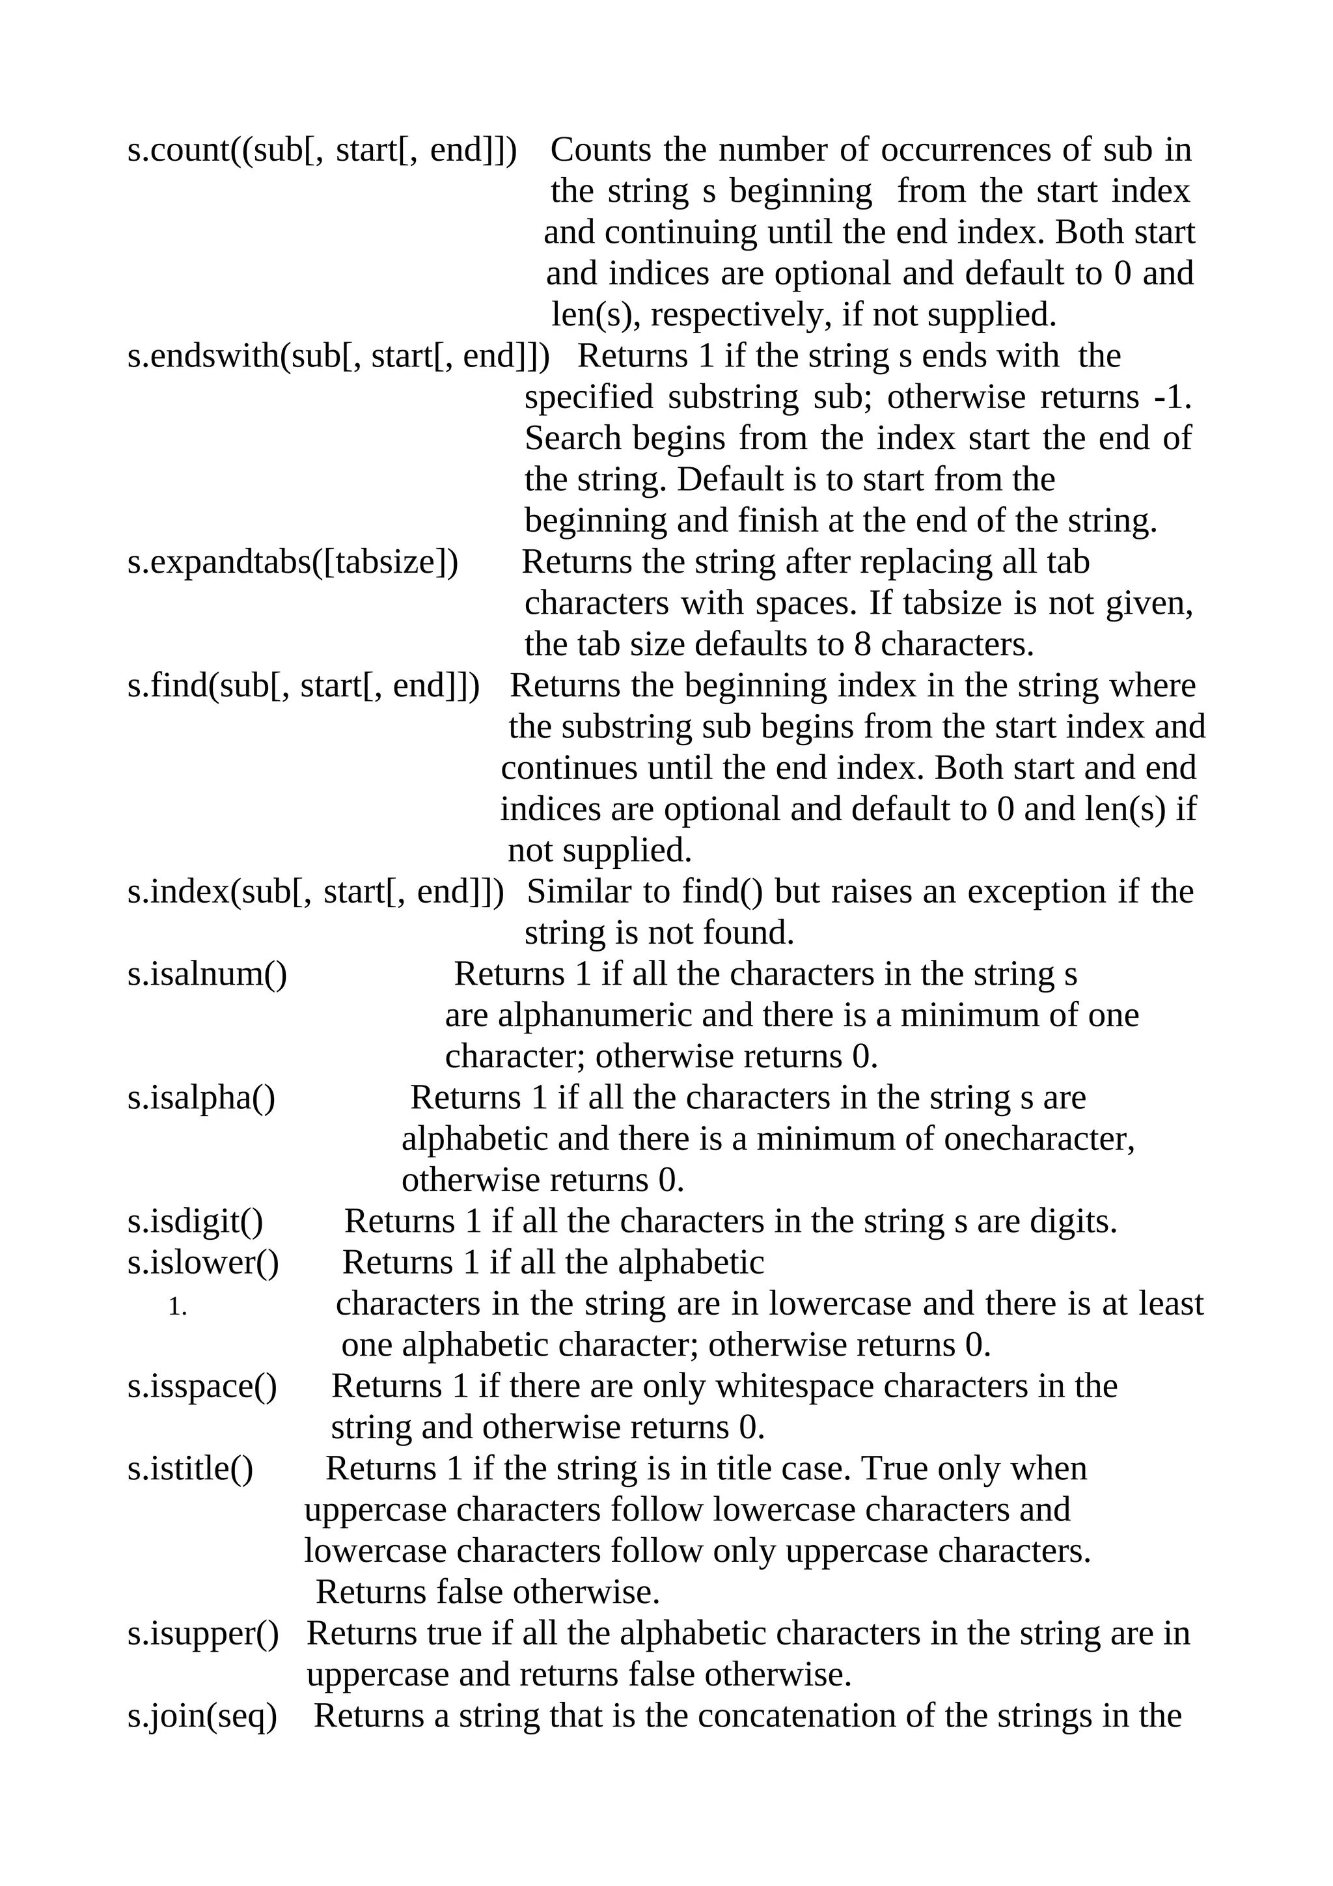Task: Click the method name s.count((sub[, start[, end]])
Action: (322, 151)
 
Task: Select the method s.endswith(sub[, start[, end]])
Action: (338, 357)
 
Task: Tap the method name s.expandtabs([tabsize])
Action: (292, 564)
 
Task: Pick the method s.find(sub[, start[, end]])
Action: (303, 687)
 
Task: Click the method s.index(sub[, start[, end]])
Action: (316, 893)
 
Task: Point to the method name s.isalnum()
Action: (207, 975)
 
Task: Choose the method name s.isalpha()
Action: (201, 1099)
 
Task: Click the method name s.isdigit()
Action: (195, 1222)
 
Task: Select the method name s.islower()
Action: (203, 1263)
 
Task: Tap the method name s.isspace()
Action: (202, 1387)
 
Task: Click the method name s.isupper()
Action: (203, 1634)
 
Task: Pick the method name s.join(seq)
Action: (202, 1716)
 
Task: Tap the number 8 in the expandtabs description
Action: (862, 646)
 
